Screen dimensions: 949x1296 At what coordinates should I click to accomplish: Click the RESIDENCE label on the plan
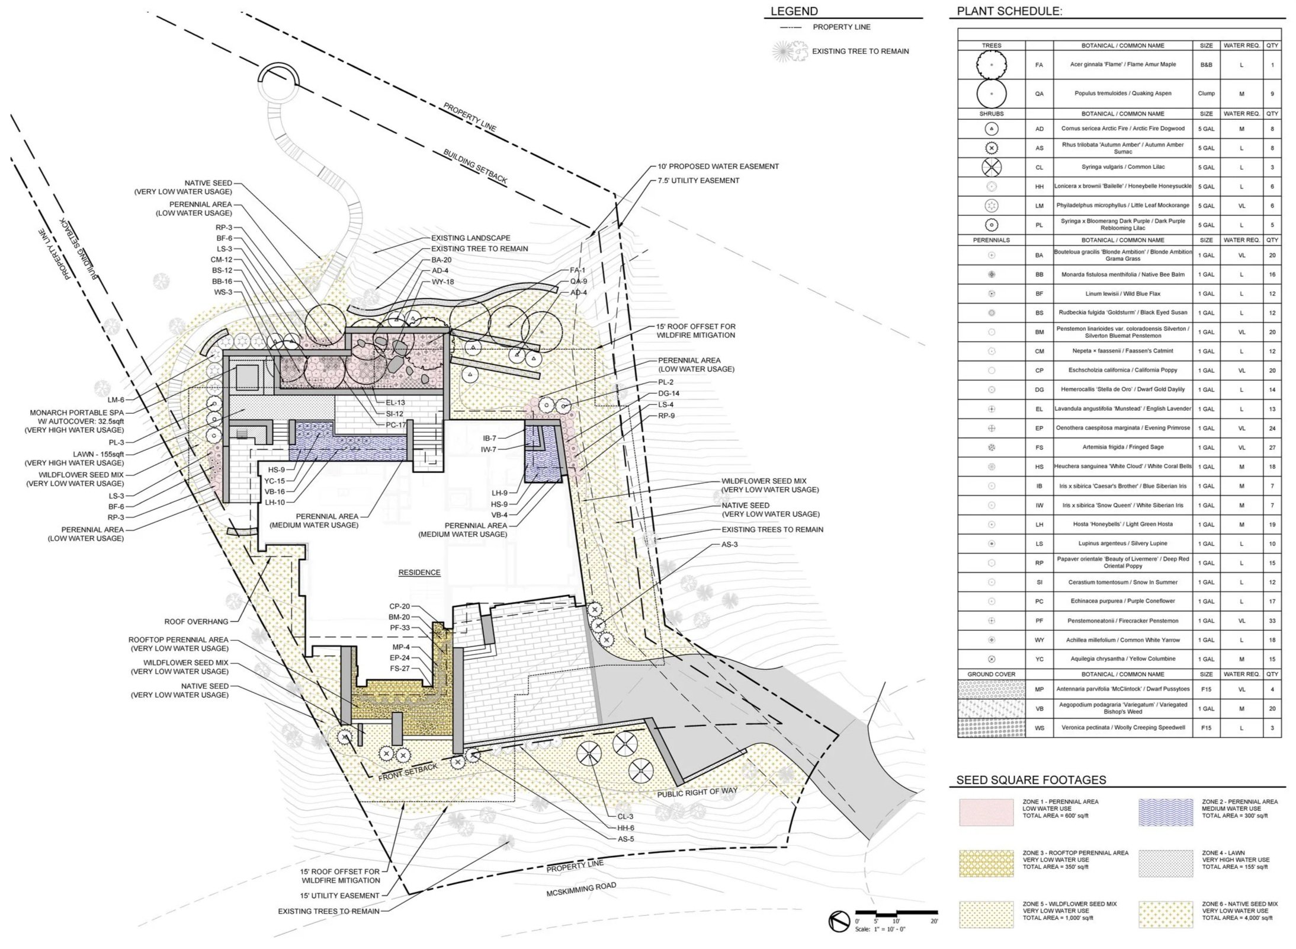pos(419,572)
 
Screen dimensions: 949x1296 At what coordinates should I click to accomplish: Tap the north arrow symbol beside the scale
pos(839,922)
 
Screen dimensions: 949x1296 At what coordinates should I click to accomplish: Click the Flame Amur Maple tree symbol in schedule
pos(992,65)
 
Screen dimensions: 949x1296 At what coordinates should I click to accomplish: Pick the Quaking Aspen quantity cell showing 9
pos(1272,94)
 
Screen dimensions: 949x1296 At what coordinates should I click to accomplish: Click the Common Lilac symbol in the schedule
pos(992,167)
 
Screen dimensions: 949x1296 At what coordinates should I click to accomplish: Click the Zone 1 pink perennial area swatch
pos(986,812)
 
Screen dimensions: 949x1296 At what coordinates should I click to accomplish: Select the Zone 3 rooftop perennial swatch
pos(986,864)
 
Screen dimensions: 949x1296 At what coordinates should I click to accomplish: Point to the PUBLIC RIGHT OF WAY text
pos(697,792)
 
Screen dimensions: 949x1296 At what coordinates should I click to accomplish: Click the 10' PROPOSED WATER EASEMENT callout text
pos(718,167)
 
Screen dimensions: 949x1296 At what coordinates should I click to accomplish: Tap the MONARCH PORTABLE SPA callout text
pos(76,413)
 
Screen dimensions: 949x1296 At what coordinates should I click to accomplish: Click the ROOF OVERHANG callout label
pos(196,621)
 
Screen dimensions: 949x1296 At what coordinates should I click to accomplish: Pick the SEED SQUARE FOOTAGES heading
pos(1031,780)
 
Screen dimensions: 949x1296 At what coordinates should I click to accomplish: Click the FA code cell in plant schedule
pos(1039,65)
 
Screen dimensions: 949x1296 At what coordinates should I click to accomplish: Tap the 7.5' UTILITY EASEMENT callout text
pos(698,180)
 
